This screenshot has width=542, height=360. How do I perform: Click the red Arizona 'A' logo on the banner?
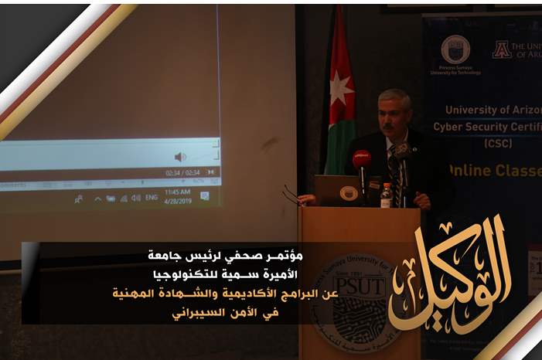(502, 49)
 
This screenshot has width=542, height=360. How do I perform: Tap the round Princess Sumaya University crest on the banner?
(455, 49)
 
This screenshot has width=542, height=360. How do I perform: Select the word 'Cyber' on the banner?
(452, 126)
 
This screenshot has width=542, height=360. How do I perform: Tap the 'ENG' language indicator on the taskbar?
(152, 198)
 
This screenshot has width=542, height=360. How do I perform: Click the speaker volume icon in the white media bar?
(180, 157)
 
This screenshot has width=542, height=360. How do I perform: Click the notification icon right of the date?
(205, 196)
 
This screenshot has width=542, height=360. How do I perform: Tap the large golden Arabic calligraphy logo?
(450, 274)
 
